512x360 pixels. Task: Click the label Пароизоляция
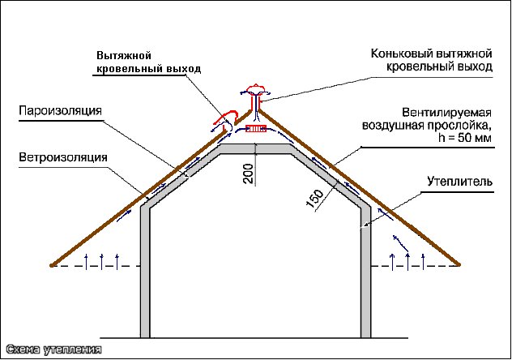coord(60,111)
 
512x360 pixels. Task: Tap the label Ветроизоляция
coord(63,157)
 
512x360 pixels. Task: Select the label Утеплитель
coord(460,182)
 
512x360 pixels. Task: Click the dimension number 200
coord(249,174)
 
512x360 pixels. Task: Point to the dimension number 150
coord(315,199)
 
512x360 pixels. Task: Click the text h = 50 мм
coord(465,138)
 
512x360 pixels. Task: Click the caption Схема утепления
coord(54,350)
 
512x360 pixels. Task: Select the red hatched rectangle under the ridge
coord(256,129)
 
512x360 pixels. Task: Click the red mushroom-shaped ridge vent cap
coord(255,88)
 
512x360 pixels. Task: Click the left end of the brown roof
coord(51,266)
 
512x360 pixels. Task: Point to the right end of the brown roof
coord(459,264)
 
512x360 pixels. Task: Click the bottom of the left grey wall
coord(145,336)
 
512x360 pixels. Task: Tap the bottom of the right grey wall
coord(365,336)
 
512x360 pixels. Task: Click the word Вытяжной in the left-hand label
coord(124,55)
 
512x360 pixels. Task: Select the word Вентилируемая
coord(446,113)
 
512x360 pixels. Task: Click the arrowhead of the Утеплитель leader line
coord(365,225)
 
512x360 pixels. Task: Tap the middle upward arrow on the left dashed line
coord(101,261)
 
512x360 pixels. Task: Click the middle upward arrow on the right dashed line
coord(407,261)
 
